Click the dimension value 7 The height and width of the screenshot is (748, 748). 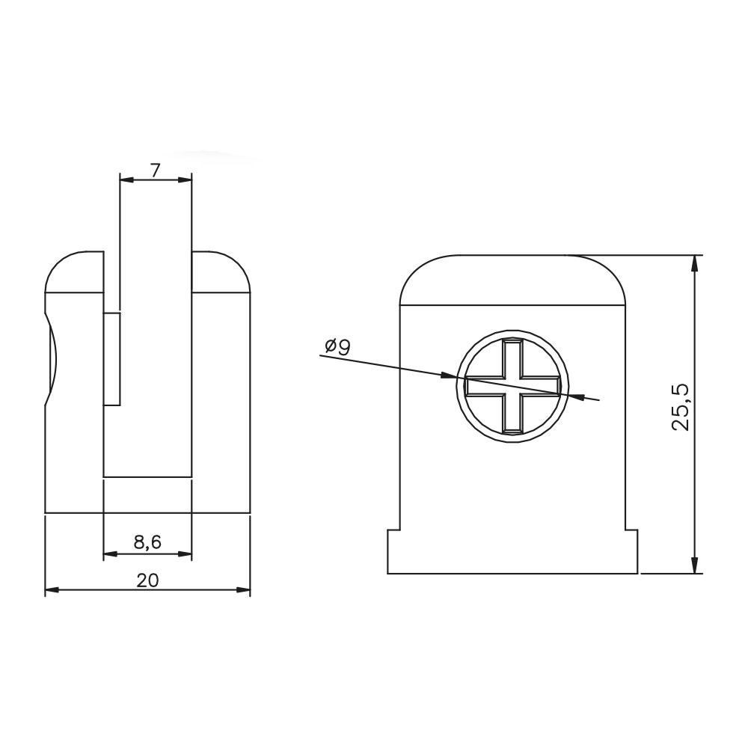tap(154, 170)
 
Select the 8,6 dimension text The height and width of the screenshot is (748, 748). tap(147, 542)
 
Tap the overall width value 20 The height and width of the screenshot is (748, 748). tap(147, 580)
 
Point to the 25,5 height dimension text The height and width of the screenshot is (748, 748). tap(680, 407)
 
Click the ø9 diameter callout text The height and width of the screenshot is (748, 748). tap(337, 346)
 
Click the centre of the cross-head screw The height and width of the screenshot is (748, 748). tap(512, 386)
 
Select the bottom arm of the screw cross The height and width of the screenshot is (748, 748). tap(512, 414)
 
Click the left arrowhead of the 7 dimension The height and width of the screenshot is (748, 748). tap(126, 180)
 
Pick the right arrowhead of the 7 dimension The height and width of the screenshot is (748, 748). tap(185, 180)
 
